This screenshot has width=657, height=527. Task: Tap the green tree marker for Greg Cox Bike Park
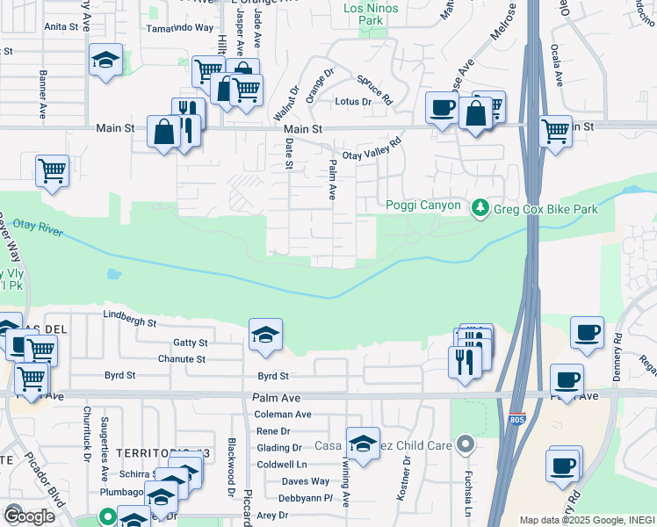point(480,208)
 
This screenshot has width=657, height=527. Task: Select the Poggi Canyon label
point(423,206)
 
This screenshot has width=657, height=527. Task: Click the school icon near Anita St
point(105,61)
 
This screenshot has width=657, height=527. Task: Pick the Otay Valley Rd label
point(372,148)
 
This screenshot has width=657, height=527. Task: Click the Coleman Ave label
point(283,415)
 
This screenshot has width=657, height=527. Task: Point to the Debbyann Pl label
point(307,498)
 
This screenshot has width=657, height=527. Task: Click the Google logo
point(29,516)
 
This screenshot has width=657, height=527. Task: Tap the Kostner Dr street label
point(407,475)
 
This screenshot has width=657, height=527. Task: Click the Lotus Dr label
point(354,102)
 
